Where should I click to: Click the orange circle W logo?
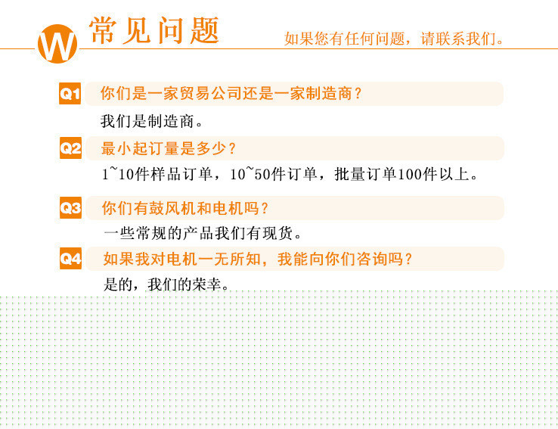coord(57,44)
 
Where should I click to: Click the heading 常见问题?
coord(153,30)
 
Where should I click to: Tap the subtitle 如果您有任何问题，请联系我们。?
coord(394,39)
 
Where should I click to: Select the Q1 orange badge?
coord(70,93)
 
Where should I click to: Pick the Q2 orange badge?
coord(70,148)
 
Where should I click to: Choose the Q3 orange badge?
coord(70,207)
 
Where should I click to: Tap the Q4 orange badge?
coord(70,258)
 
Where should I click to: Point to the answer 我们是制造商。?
coord(152,121)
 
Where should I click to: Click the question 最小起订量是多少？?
coord(169,148)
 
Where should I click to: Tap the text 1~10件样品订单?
coord(157,174)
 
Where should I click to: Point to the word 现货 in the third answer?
coord(277,234)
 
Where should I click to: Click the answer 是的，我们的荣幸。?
coord(166,284)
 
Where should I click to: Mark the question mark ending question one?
coord(358,93)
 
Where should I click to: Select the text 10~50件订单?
coord(273,174)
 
